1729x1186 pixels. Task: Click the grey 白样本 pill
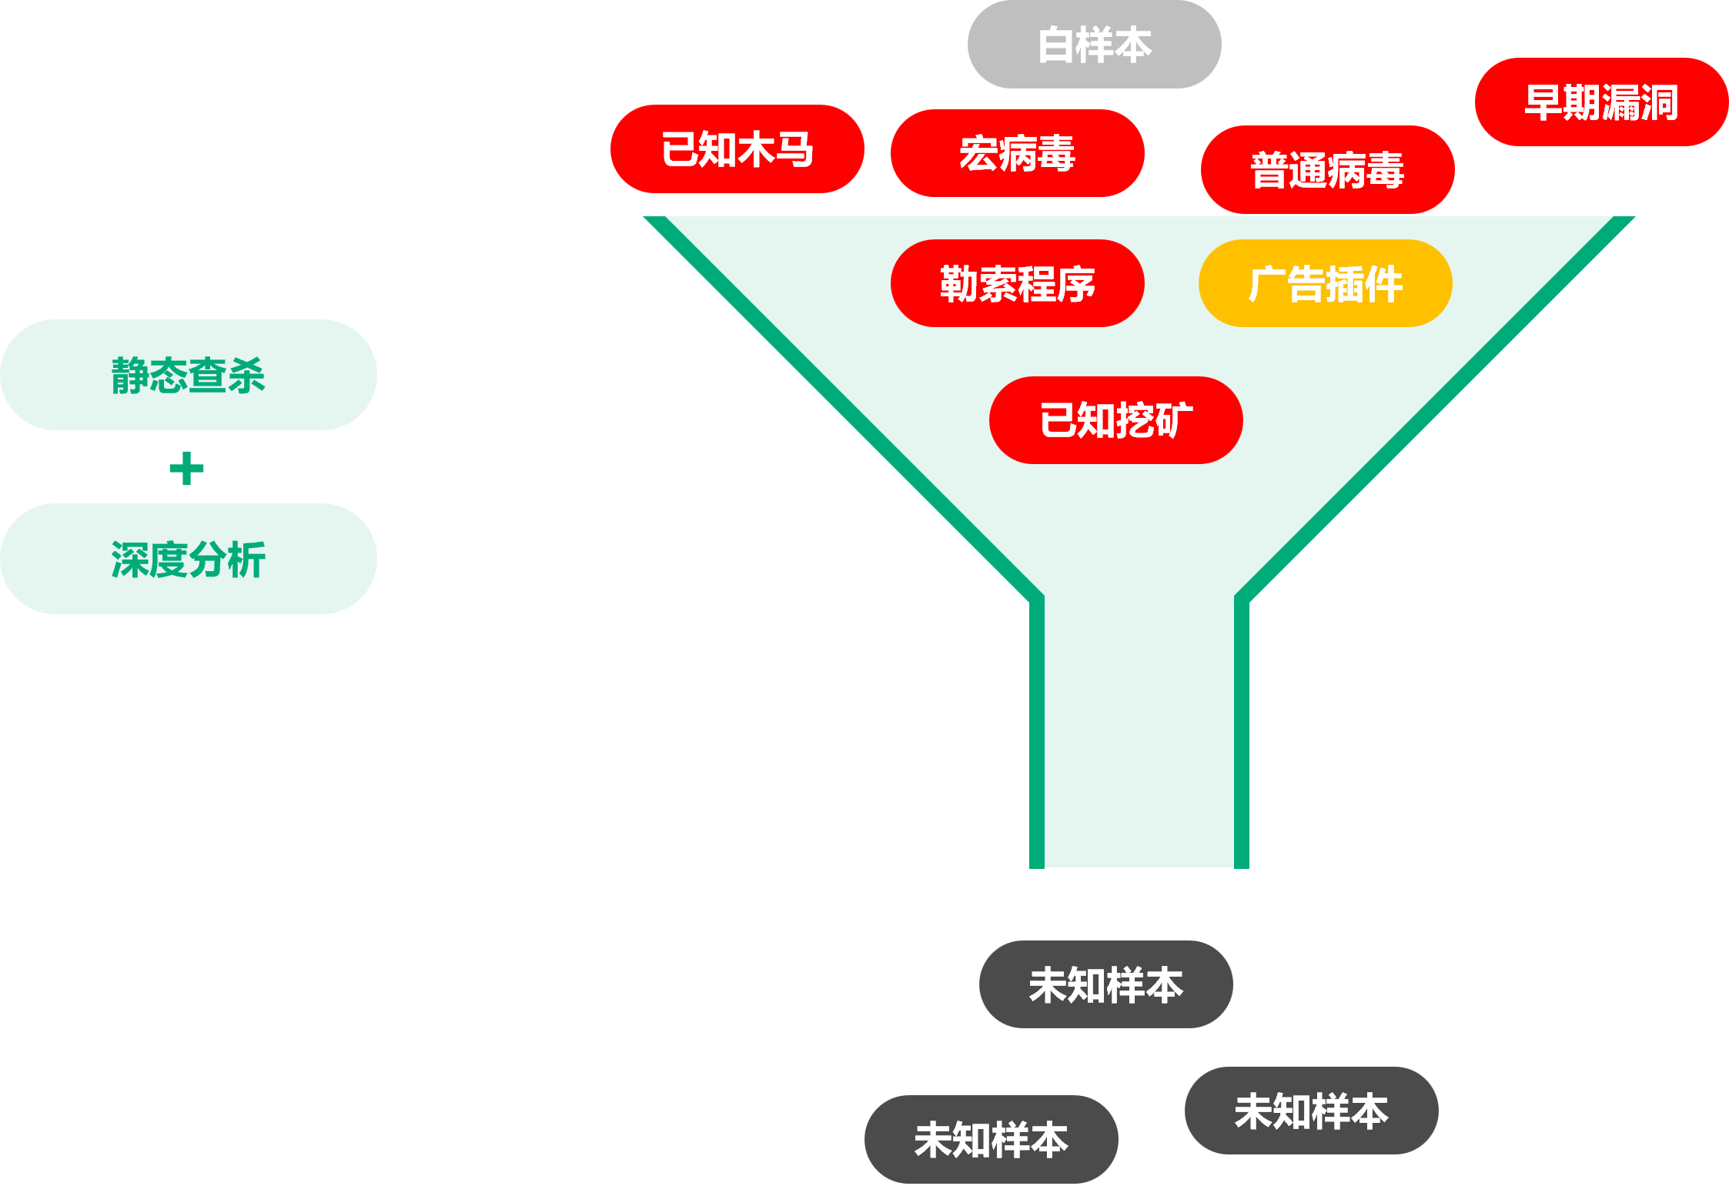click(1094, 45)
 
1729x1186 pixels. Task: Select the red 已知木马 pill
click(737, 149)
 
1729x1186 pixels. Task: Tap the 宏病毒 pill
click(1017, 153)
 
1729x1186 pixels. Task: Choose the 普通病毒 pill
click(1327, 170)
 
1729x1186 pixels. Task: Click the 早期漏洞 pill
click(1601, 102)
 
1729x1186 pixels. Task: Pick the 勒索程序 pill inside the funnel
click(1017, 284)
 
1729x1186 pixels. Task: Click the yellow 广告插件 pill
click(1325, 284)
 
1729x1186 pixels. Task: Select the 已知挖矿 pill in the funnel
click(1115, 420)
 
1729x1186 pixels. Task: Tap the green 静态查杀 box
click(189, 375)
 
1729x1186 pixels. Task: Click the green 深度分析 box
click(189, 559)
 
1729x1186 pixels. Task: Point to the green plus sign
click(186, 469)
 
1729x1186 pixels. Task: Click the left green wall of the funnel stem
click(1037, 731)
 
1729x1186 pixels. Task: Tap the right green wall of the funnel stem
click(1242, 731)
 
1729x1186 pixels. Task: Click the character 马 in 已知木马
click(795, 149)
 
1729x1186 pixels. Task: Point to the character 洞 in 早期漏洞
click(1659, 102)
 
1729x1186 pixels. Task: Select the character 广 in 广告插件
click(1267, 284)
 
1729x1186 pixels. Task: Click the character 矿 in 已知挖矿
click(1173, 420)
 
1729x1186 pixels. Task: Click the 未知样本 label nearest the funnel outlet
click(1105, 985)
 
